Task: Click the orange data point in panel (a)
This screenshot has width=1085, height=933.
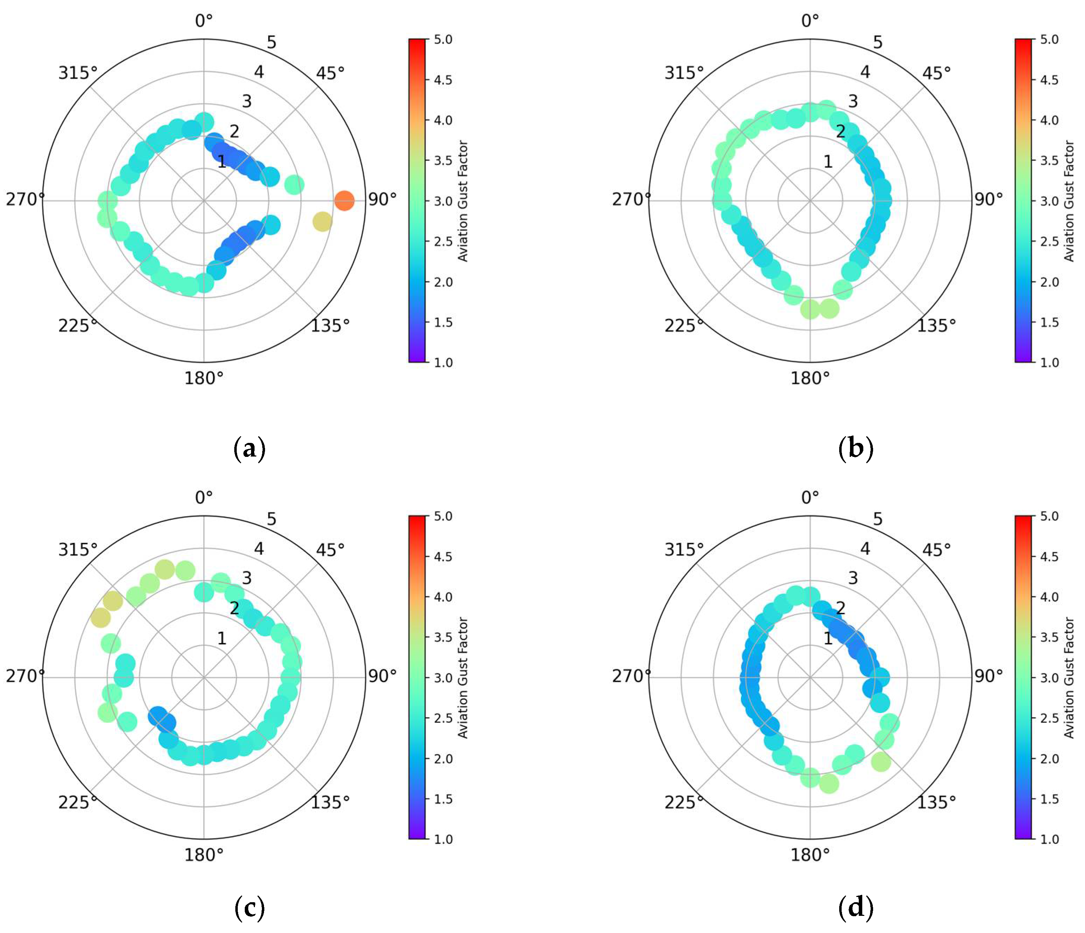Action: [x=344, y=200]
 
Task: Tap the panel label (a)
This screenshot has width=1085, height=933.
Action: [x=249, y=449]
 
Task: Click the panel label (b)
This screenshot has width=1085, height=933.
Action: [x=856, y=449]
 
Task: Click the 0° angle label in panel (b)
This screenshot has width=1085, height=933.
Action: [x=810, y=21]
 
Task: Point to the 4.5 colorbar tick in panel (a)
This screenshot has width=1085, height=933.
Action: [x=442, y=80]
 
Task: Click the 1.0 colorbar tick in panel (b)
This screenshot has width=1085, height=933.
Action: [x=1049, y=362]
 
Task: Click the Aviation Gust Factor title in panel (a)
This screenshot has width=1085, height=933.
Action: [x=463, y=201]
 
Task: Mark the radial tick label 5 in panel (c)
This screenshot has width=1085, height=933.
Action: [x=271, y=519]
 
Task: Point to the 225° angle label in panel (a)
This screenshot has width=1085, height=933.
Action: [x=78, y=325]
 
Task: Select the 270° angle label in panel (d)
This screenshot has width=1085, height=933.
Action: [x=631, y=676]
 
